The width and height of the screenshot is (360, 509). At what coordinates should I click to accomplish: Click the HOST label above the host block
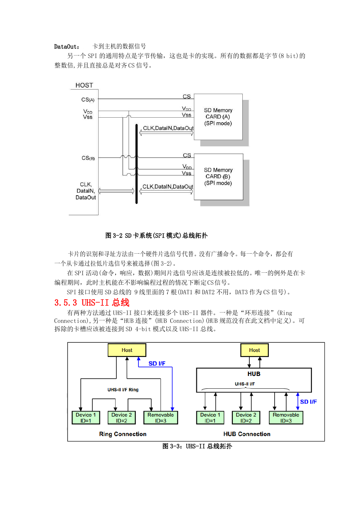pos(84,85)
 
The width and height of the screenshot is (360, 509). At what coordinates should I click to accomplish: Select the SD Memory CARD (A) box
pos(218,117)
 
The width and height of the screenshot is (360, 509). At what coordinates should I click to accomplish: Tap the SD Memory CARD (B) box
pos(218,177)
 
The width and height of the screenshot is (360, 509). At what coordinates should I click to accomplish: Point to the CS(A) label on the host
pos(88,99)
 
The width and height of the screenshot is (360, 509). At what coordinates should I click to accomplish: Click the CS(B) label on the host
pos(88,158)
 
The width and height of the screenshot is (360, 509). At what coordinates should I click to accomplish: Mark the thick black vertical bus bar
pos(137,164)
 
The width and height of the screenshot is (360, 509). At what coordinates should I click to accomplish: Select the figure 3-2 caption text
pos(156,235)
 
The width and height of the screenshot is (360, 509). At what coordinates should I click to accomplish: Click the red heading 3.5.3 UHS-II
pos(92,303)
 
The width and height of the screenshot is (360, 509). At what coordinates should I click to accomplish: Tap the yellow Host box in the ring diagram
pos(127,350)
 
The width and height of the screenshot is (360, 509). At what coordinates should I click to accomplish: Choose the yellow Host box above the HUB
pos(254,350)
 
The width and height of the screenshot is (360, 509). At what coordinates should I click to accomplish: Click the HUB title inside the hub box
pos(254,374)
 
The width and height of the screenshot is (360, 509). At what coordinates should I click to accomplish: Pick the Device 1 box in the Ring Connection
pos(86,418)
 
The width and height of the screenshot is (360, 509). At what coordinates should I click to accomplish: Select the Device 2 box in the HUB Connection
pos(246,418)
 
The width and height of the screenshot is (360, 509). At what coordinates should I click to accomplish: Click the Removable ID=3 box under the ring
pos(161,418)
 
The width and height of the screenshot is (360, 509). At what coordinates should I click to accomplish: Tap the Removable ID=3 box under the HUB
pos(286,418)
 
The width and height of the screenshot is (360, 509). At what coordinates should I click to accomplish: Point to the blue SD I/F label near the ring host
pos(157,364)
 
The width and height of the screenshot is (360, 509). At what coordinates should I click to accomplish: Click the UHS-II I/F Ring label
pos(123,390)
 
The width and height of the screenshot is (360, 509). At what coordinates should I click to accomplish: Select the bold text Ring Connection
pos(123,434)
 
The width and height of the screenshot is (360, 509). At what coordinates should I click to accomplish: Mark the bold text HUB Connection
pos(247,434)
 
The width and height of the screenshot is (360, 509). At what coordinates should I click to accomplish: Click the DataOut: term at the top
pos(67,47)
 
